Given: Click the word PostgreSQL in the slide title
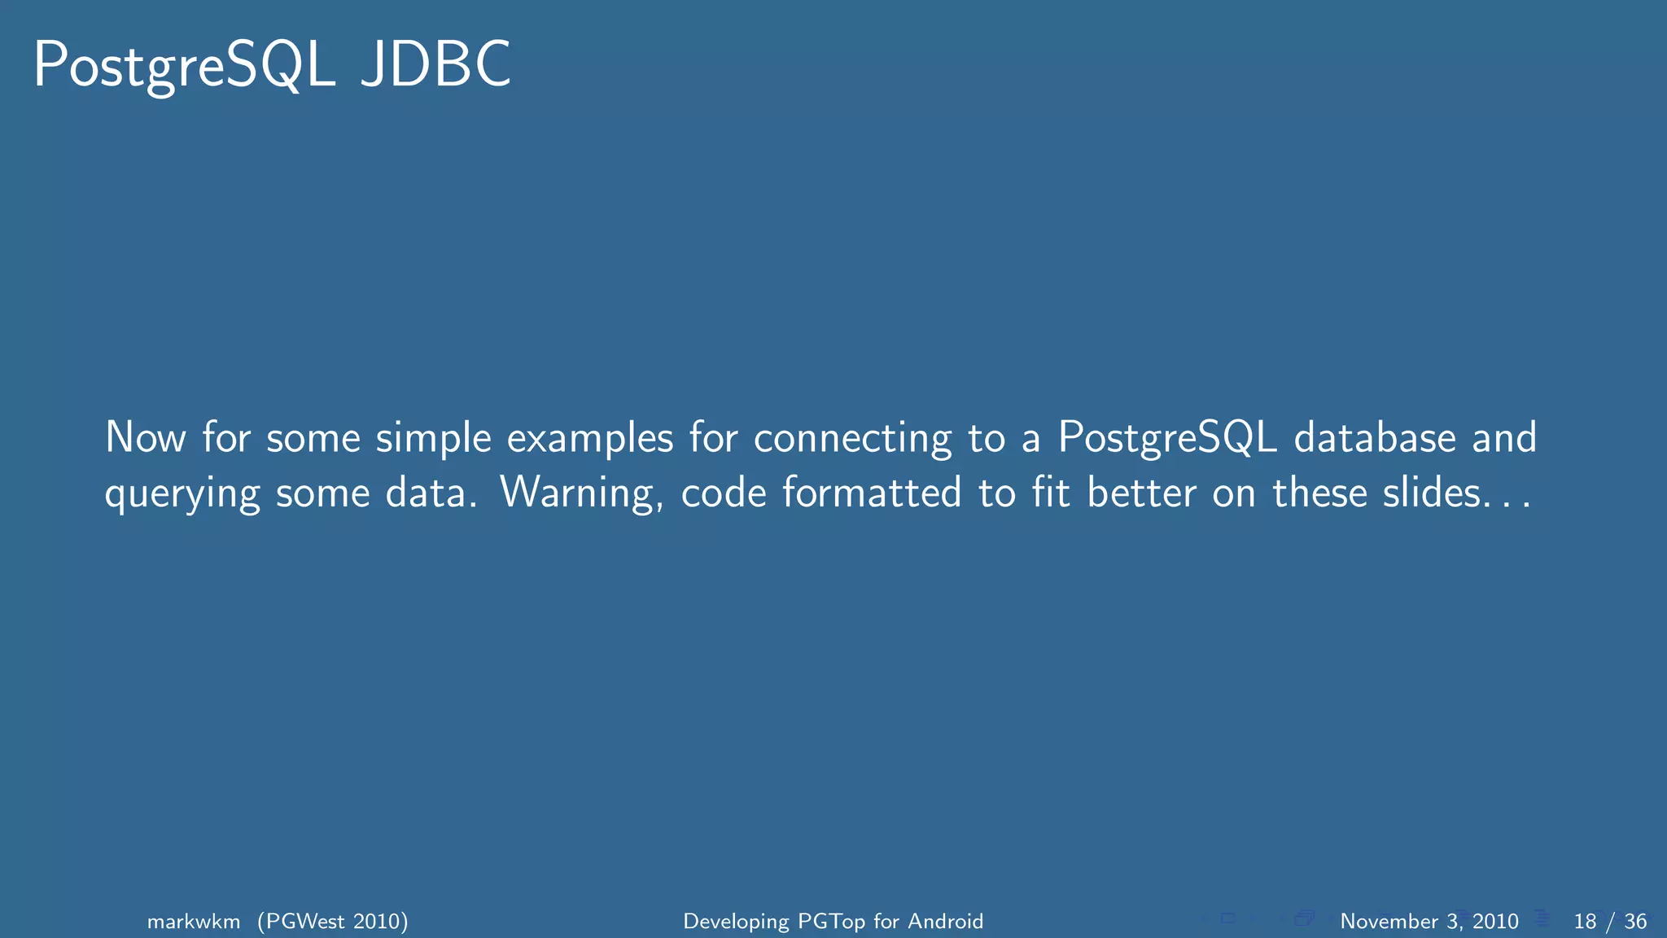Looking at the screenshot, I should coord(184,66).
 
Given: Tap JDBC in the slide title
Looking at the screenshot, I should coord(435,64).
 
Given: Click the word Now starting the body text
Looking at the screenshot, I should coord(146,437).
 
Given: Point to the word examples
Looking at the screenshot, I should coord(590,439).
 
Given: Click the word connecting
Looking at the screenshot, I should coord(852,439).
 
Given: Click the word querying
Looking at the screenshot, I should coord(182,494).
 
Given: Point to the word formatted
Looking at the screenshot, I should coord(872,493).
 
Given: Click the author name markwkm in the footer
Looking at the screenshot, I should coord(194,921).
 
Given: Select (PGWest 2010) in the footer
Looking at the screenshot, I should coord(333,921).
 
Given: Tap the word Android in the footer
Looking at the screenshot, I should coord(945,921).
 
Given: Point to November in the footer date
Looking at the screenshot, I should coord(1389,921).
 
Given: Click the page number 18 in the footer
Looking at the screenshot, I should coord(1585,921).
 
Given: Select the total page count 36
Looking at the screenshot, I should coord(1635,921).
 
